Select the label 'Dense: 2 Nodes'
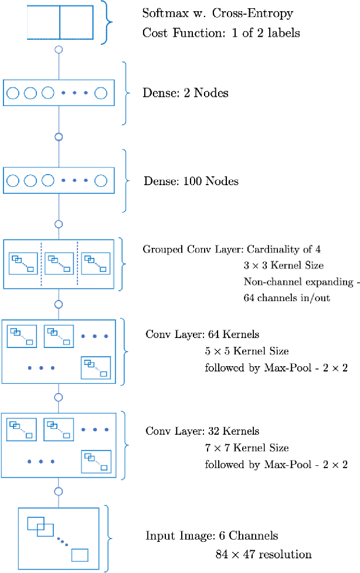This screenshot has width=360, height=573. (186, 93)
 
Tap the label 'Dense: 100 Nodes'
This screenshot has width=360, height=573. (191, 181)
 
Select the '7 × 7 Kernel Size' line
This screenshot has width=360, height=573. (246, 448)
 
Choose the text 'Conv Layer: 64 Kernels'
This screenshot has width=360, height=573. (202, 335)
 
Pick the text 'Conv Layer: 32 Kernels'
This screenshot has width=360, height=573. (202, 431)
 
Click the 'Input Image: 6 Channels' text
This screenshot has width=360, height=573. (212, 536)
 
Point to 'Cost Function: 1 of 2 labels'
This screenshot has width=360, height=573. (221, 33)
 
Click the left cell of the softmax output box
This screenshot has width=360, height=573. (43, 23)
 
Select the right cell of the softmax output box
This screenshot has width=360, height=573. (76, 23)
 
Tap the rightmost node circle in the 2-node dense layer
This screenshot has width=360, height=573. (100, 93)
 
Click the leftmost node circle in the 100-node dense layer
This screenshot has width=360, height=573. (13, 180)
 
